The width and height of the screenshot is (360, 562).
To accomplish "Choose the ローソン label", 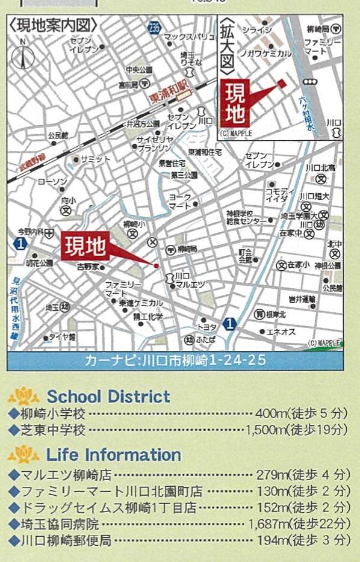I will pyautogui.click(x=52, y=181).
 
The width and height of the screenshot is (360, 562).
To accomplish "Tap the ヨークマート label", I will pyautogui.click(x=179, y=201).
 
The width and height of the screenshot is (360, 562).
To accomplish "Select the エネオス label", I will pyautogui.click(x=281, y=332).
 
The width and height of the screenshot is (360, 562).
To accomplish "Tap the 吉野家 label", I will pyautogui.click(x=91, y=265).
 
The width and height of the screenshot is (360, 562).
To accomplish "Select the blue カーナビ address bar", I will pyautogui.click(x=175, y=361).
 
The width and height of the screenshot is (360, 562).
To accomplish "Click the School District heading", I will pyautogui.click(x=108, y=397).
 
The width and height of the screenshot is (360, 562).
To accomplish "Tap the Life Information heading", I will pyautogui.click(x=114, y=454).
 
